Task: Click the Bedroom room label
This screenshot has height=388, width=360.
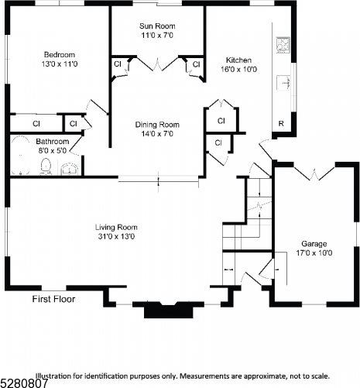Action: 59,54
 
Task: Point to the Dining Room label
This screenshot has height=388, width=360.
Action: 157,124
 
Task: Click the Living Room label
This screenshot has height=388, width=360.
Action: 116,227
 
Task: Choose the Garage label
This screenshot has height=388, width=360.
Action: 314,242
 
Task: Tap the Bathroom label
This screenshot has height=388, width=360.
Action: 53,142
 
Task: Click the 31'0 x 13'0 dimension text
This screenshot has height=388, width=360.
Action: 116,236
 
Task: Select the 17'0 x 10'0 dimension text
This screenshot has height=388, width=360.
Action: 314,252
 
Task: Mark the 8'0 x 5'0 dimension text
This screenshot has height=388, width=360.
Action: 53,151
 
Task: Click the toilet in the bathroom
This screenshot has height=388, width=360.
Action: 46,166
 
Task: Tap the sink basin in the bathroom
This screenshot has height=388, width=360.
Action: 70,167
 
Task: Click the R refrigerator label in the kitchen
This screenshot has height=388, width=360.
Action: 280,124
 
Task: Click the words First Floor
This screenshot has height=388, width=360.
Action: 53,299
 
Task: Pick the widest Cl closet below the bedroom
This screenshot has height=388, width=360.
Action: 36,123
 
